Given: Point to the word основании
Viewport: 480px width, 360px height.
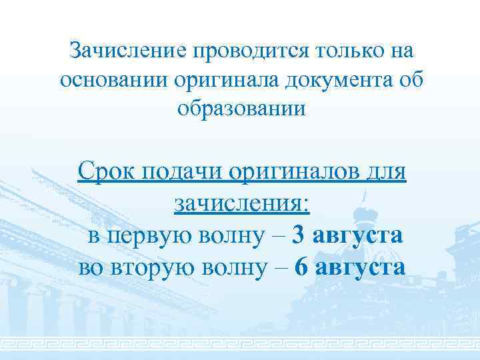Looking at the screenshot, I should (x=112, y=79).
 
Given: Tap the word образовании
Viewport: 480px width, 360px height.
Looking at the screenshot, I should (x=242, y=108).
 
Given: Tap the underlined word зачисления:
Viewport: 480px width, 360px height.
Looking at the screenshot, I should (x=242, y=203).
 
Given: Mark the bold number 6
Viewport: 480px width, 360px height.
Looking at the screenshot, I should (x=301, y=268).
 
